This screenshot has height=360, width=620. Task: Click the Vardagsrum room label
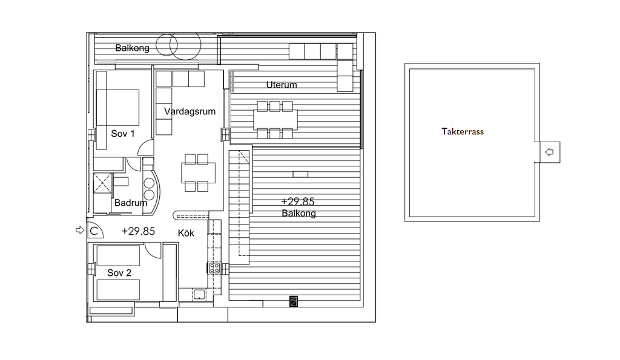click(190, 111)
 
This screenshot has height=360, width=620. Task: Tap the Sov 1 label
click(122, 134)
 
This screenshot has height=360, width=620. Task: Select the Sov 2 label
click(119, 273)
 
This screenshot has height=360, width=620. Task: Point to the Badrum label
click(131, 203)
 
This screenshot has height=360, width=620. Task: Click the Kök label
click(186, 233)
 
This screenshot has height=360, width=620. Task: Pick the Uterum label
click(282, 85)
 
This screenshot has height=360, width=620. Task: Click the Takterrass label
click(463, 131)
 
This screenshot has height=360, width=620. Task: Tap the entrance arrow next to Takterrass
click(549, 152)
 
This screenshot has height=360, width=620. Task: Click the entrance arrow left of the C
click(80, 230)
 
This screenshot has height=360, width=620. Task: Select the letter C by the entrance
click(94, 231)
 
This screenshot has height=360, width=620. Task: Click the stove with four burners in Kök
click(215, 268)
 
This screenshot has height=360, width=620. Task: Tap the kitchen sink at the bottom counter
click(199, 295)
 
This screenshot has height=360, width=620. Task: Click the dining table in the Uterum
click(275, 120)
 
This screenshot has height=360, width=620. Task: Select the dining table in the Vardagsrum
click(199, 172)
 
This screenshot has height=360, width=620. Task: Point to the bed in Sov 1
click(118, 108)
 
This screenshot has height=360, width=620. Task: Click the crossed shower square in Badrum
click(102, 183)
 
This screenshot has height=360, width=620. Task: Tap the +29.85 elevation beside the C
click(138, 231)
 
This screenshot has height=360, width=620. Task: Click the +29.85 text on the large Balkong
click(298, 201)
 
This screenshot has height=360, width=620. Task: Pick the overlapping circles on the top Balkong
click(179, 46)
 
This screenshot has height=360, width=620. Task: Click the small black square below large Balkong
click(294, 301)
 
